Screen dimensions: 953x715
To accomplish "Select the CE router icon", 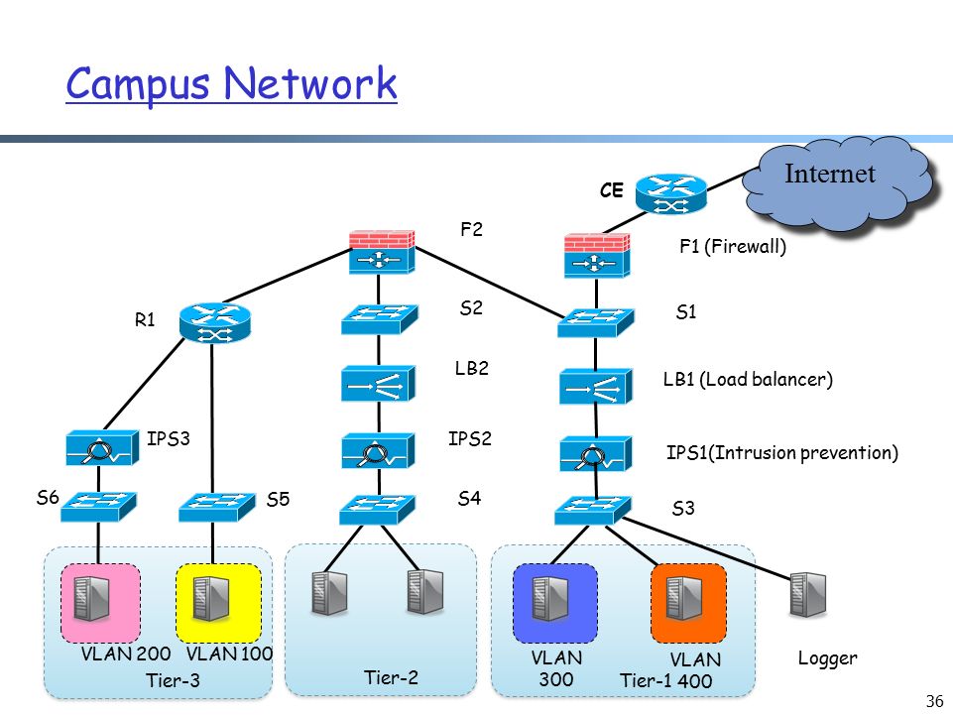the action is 671,194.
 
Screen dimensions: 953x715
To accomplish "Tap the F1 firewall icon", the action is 596,256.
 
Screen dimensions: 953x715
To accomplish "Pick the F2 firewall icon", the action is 382,252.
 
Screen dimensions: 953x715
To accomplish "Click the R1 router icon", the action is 215,322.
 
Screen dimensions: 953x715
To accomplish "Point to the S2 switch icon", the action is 379,319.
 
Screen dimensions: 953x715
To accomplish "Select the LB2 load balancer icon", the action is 378,383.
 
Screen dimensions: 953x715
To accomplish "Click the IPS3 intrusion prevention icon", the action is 101,448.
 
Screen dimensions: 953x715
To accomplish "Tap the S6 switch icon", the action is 98,507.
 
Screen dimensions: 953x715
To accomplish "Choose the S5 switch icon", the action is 217,507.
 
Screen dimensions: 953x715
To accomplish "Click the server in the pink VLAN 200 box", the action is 92,599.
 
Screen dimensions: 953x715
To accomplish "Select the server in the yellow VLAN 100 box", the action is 211,599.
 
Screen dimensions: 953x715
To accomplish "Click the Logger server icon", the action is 808,595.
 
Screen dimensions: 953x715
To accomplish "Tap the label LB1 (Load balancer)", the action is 748,380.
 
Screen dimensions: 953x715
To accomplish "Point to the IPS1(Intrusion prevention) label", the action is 782,452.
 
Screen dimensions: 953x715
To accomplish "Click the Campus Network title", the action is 232,84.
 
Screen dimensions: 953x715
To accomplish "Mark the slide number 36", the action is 934,701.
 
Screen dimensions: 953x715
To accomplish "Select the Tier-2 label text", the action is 391,677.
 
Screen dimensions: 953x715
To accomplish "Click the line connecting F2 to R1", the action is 287,276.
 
